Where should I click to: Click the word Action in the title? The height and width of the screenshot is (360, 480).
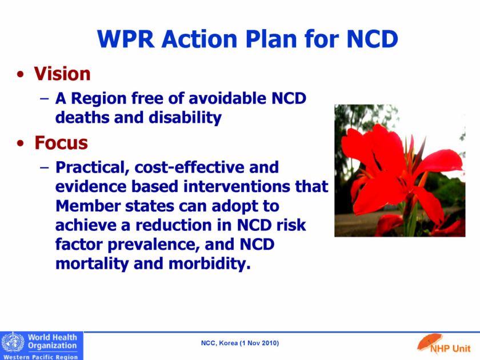point(200,39)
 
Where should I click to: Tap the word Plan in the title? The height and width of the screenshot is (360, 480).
point(271,39)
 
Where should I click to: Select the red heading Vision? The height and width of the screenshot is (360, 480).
point(62,74)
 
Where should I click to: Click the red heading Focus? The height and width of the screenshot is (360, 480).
point(61,143)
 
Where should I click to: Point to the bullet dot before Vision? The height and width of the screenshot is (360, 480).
point(21,74)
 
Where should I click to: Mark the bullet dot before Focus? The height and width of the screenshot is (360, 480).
point(21,143)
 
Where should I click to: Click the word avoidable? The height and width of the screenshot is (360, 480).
point(228,98)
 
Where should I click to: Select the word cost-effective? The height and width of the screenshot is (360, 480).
point(190,167)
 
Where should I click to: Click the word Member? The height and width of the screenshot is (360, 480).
point(88,206)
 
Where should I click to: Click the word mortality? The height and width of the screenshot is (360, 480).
point(92,264)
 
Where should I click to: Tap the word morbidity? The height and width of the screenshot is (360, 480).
point(210,264)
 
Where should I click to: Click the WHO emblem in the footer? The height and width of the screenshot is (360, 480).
point(13,342)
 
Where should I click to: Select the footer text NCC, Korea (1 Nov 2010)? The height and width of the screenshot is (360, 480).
point(240,343)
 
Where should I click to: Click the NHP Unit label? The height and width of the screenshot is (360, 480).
point(450,349)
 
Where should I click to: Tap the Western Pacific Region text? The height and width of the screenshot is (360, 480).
point(41,357)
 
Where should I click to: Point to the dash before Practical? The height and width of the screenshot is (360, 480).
point(45,167)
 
